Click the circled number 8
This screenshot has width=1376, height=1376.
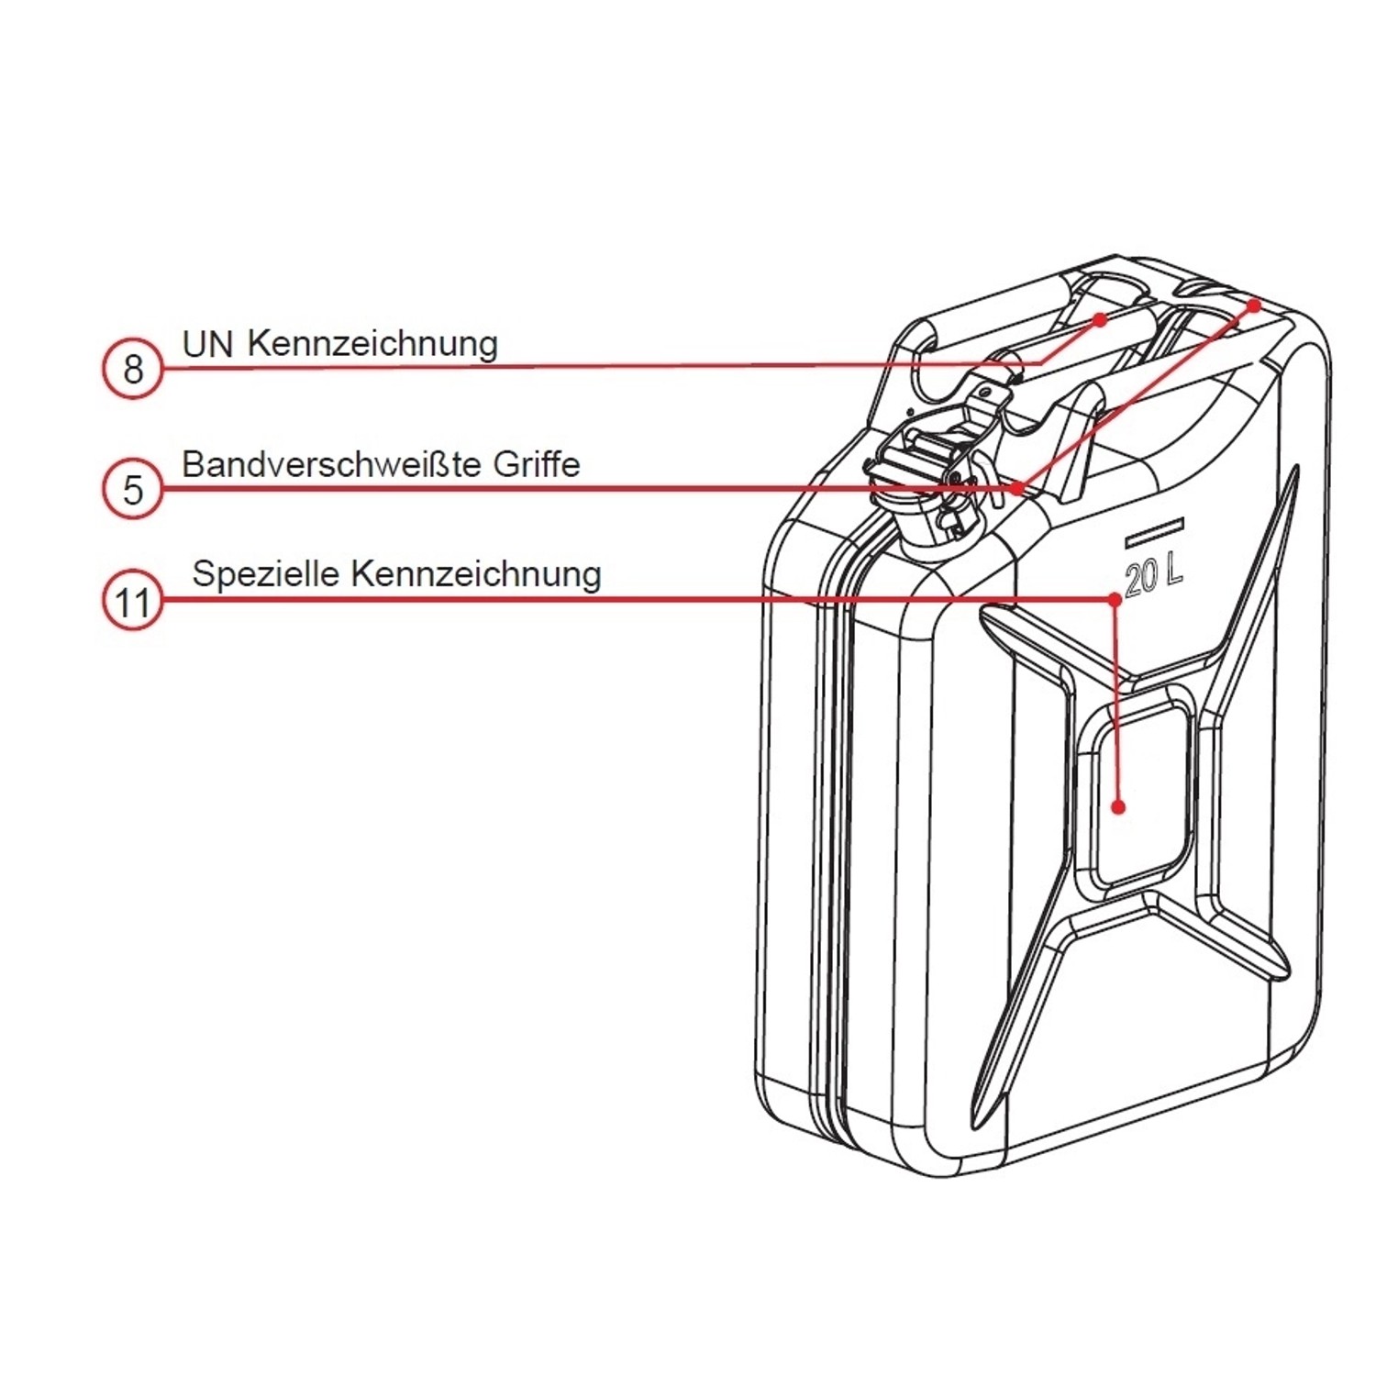pyautogui.click(x=133, y=369)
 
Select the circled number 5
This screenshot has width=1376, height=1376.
pyautogui.click(x=133, y=489)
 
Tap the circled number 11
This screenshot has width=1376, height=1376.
pyautogui.click(x=133, y=603)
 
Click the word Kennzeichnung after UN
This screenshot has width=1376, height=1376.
pyautogui.click(x=372, y=344)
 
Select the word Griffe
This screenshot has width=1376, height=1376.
pyautogui.click(x=537, y=464)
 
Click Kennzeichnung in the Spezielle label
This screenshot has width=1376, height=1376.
pyautogui.click(x=476, y=574)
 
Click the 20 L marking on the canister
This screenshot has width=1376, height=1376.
pyautogui.click(x=1153, y=575)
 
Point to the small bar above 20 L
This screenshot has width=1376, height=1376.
pyautogui.click(x=1155, y=528)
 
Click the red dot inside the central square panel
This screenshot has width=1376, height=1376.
pyautogui.click(x=1118, y=807)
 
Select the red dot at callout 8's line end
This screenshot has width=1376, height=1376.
pyautogui.click(x=1100, y=318)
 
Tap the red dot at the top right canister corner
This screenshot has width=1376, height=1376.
pyautogui.click(x=1254, y=304)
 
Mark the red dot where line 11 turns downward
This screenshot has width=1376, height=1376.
pyautogui.click(x=1115, y=599)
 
